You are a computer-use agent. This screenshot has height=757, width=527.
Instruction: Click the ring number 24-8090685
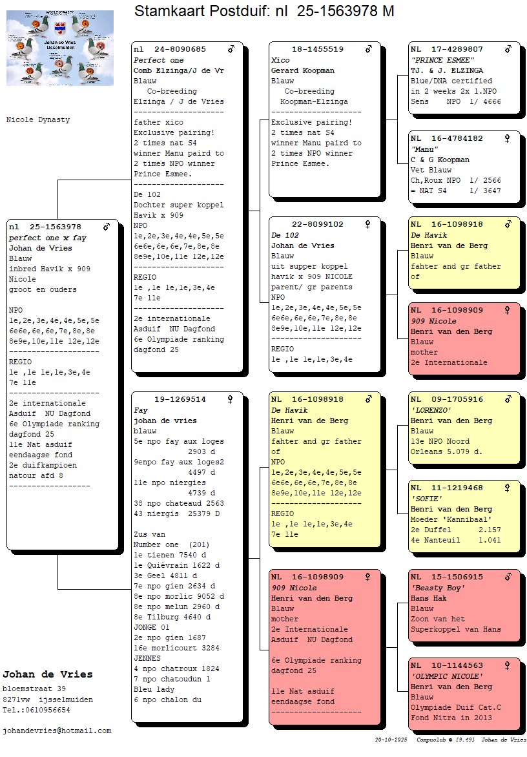coord(180,50)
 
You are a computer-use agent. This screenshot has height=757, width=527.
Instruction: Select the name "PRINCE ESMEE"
coord(438,60)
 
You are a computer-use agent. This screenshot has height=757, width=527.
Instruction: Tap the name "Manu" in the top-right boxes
coord(424,149)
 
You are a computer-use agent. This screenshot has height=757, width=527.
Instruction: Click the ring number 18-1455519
coord(317,50)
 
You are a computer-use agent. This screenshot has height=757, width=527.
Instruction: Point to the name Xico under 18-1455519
coord(280,60)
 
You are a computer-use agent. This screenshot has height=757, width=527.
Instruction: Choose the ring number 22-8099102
coord(317,225)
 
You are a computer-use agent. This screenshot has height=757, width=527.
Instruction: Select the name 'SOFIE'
coord(427,499)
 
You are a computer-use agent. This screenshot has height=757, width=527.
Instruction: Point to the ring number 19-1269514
coord(180,400)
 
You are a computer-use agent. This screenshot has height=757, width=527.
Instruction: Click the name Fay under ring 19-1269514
coord(141,410)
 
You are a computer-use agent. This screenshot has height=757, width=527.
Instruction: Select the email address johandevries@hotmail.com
coord(57,731)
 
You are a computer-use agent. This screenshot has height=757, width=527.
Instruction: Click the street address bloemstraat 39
coord(34,689)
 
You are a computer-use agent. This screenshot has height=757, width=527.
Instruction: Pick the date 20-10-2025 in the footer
coord(391,740)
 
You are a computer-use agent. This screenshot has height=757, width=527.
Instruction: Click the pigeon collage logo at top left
coord(60,48)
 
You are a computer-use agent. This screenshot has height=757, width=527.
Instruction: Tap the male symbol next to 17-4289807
coord(508,49)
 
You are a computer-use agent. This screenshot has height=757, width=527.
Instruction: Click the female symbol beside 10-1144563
coord(508,665)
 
